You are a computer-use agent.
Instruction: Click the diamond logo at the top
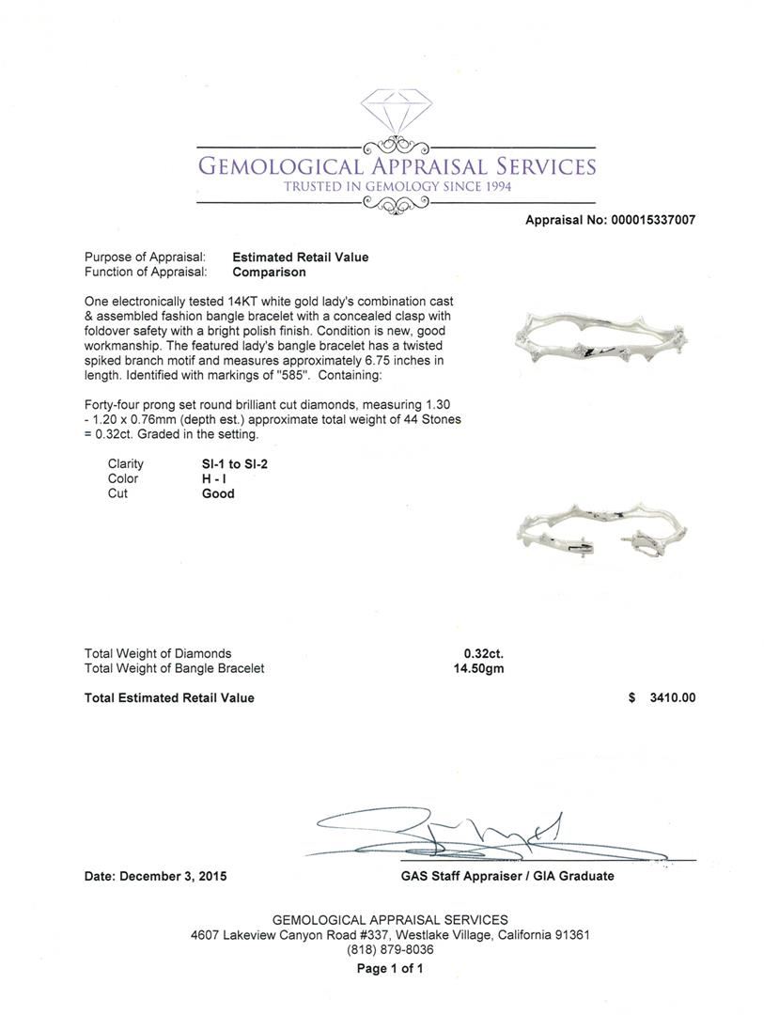(x=395, y=114)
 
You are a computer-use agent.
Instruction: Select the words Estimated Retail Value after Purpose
(x=300, y=258)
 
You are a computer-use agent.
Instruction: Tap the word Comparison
(x=269, y=273)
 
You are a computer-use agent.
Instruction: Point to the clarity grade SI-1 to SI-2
(x=228, y=463)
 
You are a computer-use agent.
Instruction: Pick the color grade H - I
(x=215, y=478)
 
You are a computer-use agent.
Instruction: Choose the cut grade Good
(x=218, y=493)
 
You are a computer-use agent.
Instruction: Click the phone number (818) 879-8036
(x=390, y=950)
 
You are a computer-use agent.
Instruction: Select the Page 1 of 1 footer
(x=390, y=968)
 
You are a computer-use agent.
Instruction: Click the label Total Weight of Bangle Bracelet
(x=174, y=668)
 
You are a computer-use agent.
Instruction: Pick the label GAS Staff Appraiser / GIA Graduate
(x=506, y=876)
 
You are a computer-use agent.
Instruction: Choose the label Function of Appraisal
(x=145, y=273)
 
